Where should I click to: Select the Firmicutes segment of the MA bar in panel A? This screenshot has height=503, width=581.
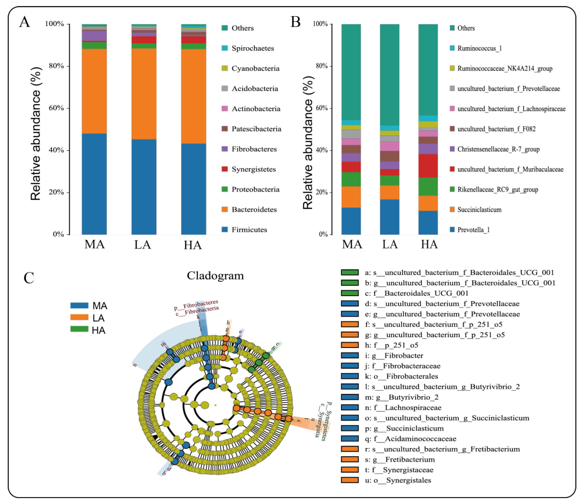[94, 184]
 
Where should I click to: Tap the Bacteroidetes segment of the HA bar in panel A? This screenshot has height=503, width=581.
[193, 96]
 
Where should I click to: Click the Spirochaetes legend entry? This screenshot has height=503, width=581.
[253, 48]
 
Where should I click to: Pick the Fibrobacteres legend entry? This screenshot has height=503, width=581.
[254, 149]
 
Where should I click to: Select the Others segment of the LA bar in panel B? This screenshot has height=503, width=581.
[389, 74]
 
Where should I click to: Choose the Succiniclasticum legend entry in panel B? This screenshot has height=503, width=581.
[479, 210]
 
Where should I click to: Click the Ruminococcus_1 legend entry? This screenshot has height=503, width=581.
[479, 48]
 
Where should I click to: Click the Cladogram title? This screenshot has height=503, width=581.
[215, 276]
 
